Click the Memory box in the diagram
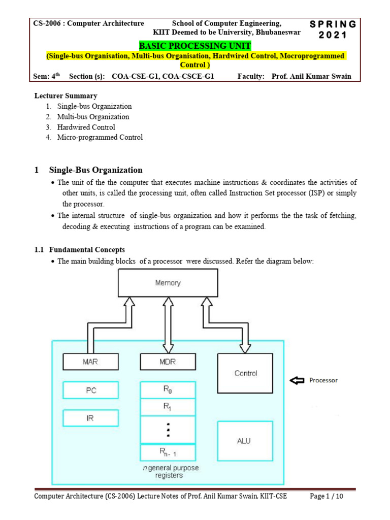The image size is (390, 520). click(168, 283)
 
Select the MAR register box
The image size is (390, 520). click(90, 362)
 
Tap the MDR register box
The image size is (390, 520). click(168, 362)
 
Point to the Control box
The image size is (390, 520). click(245, 373)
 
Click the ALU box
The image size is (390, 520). click(244, 441)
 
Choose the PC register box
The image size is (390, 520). click(90, 391)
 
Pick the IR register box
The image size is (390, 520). click(90, 418)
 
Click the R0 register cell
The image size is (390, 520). click(168, 390)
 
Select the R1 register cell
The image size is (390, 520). click(168, 407)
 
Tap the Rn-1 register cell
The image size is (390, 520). click(168, 452)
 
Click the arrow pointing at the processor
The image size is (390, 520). click(298, 380)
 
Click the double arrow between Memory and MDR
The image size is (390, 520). click(168, 326)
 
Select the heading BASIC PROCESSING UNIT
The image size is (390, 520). click(195, 46)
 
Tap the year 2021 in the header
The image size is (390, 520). click(333, 35)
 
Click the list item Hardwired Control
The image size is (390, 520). click(86, 127)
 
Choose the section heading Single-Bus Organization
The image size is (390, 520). click(95, 170)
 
